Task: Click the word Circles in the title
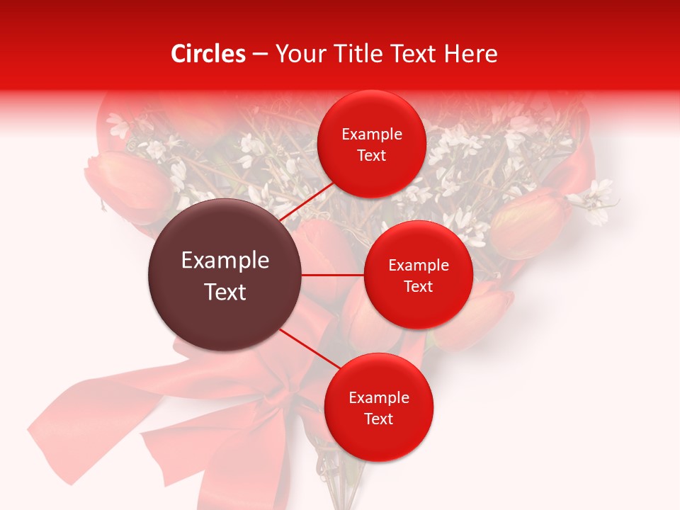tap(208, 54)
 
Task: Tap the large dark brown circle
tap(225, 275)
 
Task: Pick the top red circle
tap(372, 144)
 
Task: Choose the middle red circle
tap(418, 275)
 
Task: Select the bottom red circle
tap(378, 407)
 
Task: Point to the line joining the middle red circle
tap(332, 275)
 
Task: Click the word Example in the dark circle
tap(225, 261)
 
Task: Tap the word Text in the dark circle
tap(225, 292)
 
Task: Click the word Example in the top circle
tap(372, 135)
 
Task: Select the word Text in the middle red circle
tap(418, 286)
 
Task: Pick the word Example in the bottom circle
tap(379, 398)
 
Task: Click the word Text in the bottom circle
tap(378, 419)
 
